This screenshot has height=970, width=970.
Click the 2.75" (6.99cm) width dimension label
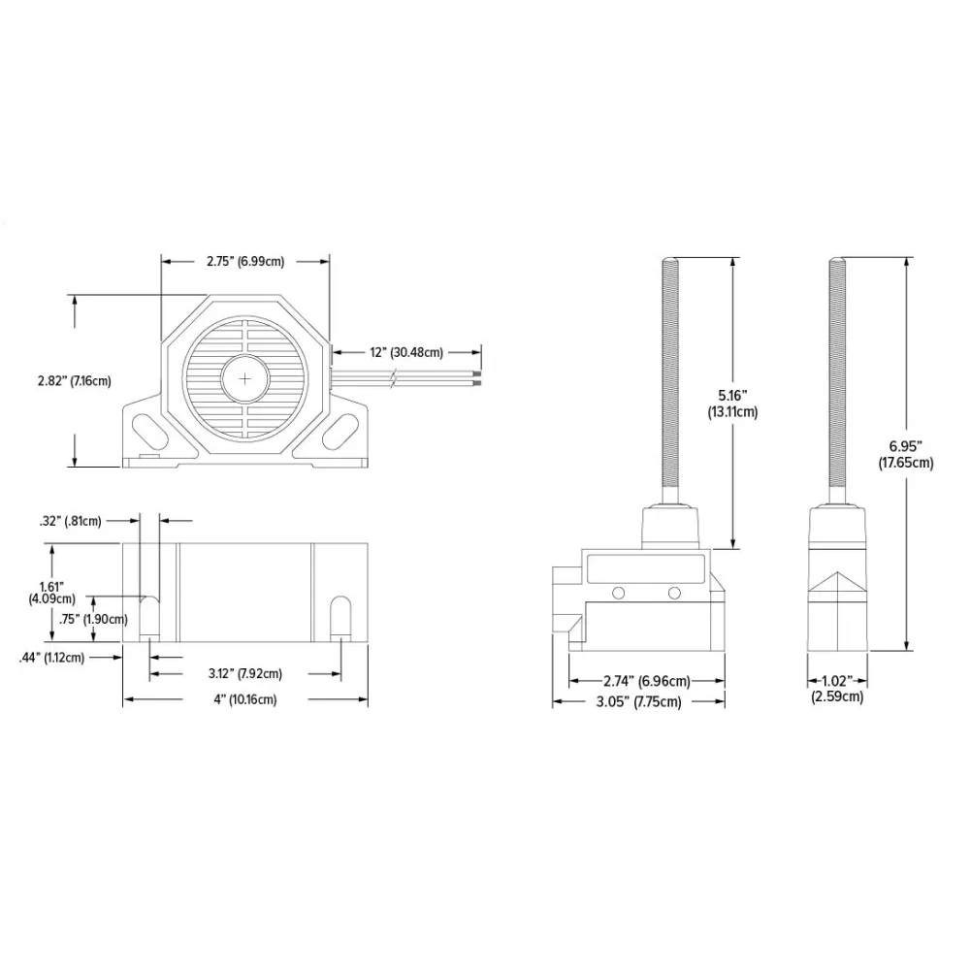(x=245, y=261)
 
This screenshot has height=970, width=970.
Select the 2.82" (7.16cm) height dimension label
(x=75, y=380)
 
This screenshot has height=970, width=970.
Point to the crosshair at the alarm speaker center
(x=246, y=377)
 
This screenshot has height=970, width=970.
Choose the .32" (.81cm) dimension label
(x=71, y=521)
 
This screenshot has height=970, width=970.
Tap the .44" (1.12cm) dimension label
(x=52, y=658)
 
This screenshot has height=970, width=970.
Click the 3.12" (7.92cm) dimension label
(x=245, y=673)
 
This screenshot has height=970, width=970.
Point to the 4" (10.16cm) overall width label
(x=245, y=699)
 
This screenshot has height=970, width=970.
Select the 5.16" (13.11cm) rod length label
(x=733, y=403)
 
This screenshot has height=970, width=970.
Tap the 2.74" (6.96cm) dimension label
(x=645, y=682)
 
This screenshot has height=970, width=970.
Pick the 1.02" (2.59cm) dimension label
(x=837, y=689)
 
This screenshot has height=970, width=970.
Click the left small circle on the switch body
(x=618, y=594)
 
